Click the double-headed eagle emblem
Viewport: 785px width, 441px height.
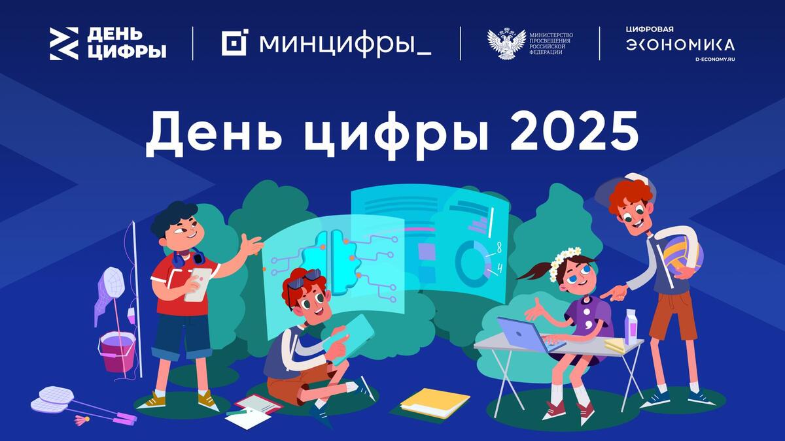tap(506, 43)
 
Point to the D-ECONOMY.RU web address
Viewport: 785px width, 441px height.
tap(715, 59)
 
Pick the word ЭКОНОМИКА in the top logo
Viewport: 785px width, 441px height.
tap(680, 45)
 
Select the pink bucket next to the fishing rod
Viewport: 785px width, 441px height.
tap(117, 351)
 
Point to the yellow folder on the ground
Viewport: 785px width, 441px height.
tap(434, 402)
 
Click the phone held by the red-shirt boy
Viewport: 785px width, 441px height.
tap(198, 284)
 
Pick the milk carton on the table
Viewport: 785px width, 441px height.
tap(631, 327)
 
